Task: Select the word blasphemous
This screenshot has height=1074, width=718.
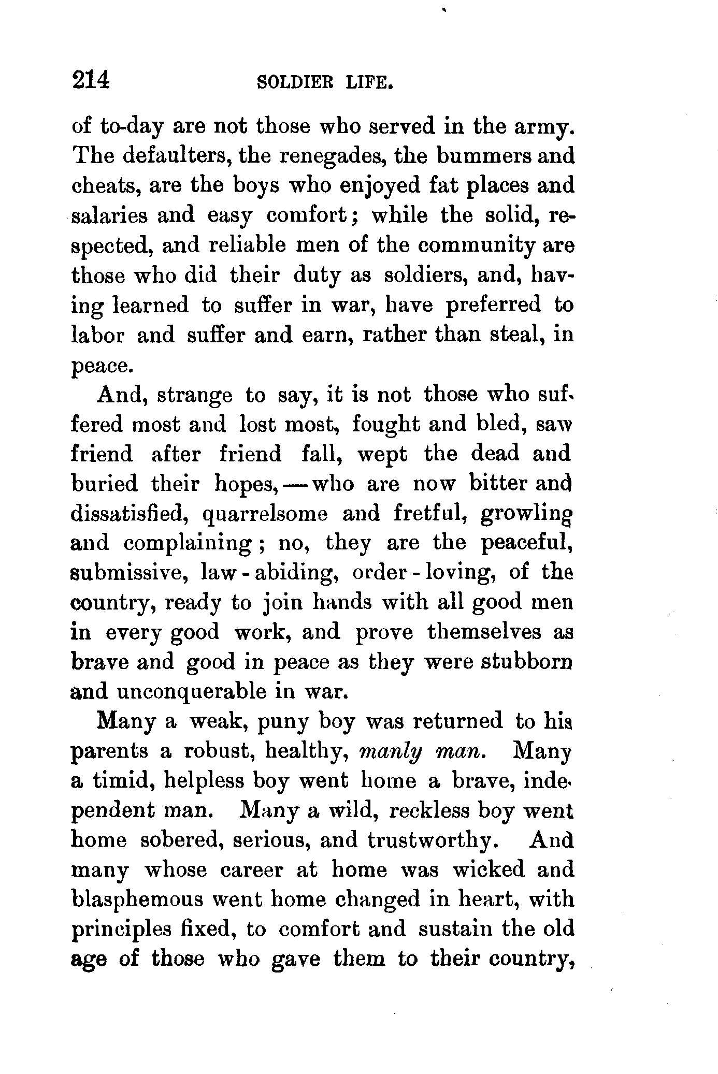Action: (x=137, y=900)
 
